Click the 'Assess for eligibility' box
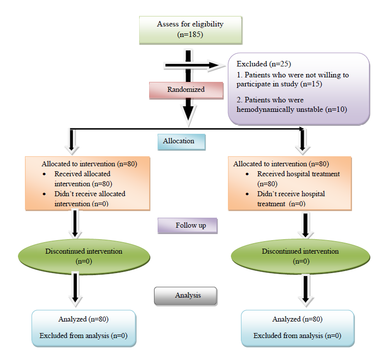(190, 29)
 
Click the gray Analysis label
(185, 295)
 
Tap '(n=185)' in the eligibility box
(190, 34)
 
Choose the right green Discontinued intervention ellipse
(300, 256)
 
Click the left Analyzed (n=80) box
(83, 328)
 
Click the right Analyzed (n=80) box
(297, 328)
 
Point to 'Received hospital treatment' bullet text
(298, 174)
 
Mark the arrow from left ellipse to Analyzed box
(75, 289)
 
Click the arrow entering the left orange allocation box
(73, 142)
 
